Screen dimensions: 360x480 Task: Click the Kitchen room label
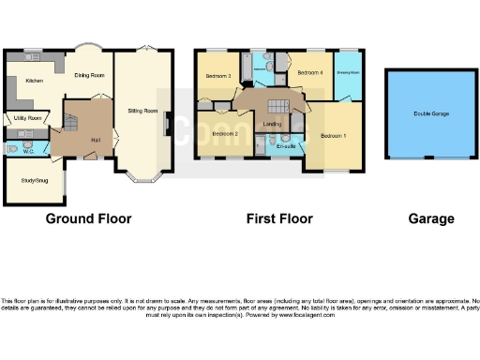pyautogui.click(x=35, y=82)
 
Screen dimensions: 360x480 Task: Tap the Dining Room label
pyautogui.click(x=90, y=75)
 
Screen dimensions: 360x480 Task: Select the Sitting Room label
pyautogui.click(x=142, y=111)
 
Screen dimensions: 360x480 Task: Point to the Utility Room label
pyautogui.click(x=26, y=118)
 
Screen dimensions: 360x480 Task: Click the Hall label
pyautogui.click(x=96, y=139)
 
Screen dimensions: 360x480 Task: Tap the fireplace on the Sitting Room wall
pyautogui.click(x=167, y=123)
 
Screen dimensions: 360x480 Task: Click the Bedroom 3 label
pyautogui.click(x=217, y=76)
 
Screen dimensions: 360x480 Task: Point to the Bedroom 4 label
pyautogui.click(x=309, y=72)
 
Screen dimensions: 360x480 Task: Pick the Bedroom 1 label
pyautogui.click(x=333, y=136)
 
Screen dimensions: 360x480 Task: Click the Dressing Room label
pyautogui.click(x=348, y=72)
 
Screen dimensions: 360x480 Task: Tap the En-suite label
pyautogui.click(x=283, y=146)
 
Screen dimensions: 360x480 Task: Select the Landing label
pyautogui.click(x=274, y=123)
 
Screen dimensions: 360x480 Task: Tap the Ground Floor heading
pyautogui.click(x=89, y=218)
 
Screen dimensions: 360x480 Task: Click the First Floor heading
pyautogui.click(x=279, y=218)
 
